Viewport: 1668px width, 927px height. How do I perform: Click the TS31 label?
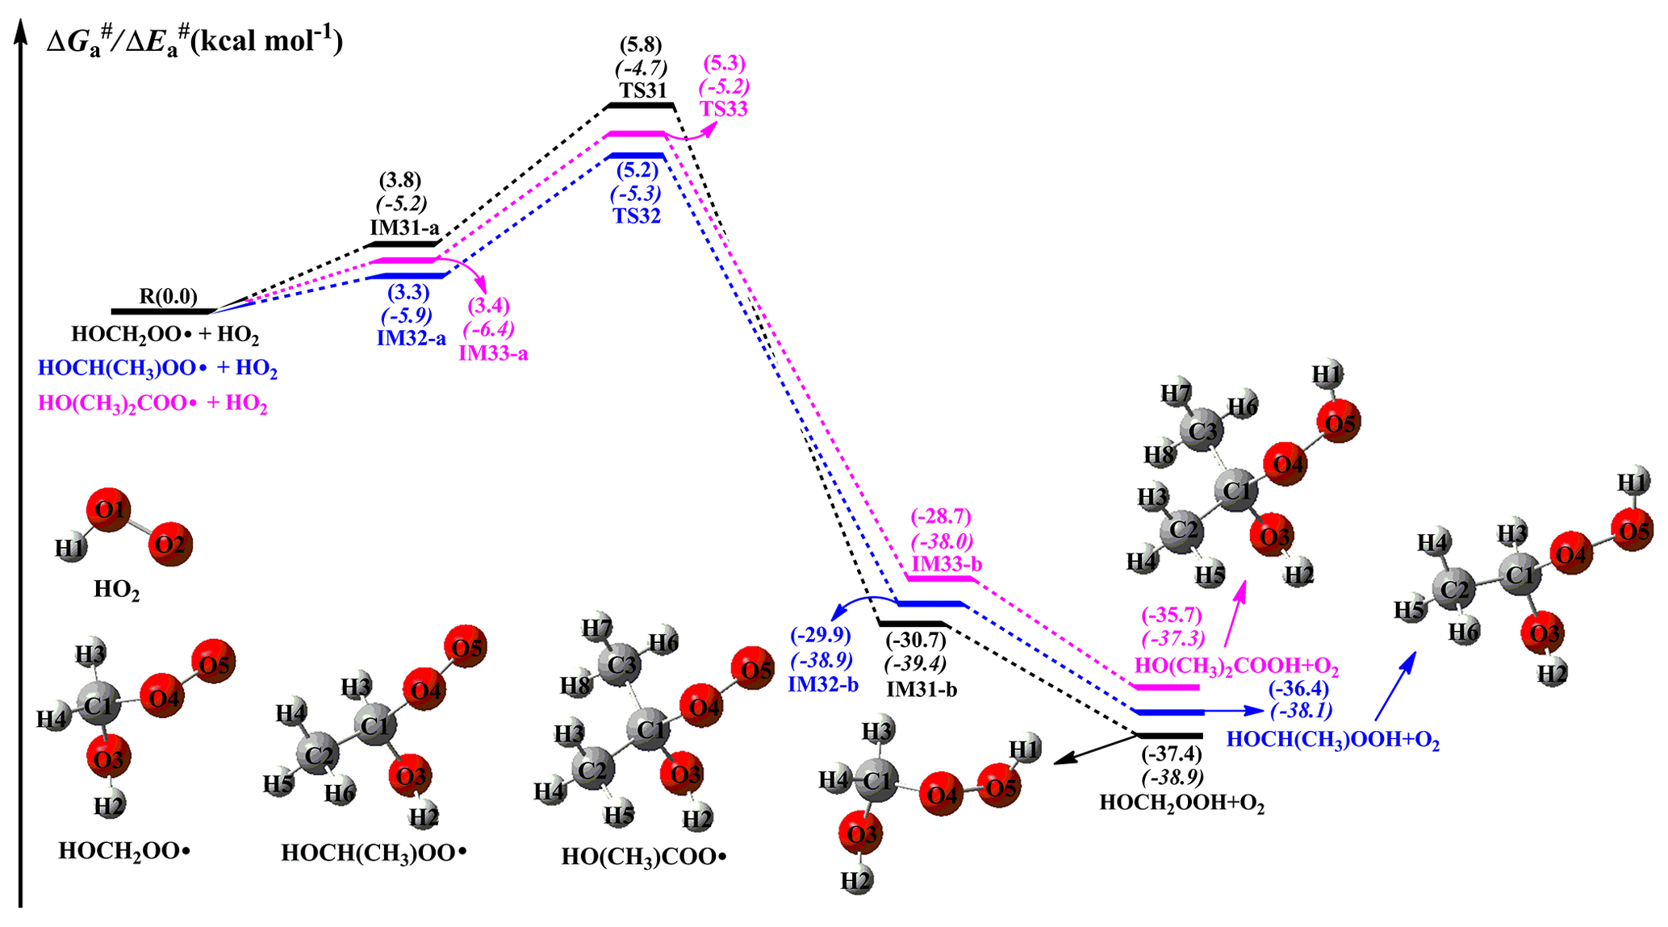pos(643,90)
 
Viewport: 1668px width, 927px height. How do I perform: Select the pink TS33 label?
pos(723,109)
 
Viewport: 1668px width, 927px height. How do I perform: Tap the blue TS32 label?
pos(636,216)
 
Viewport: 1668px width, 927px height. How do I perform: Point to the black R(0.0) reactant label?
pos(168,297)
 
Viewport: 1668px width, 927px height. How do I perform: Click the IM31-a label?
pos(404,228)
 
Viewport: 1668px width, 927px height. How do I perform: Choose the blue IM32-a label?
pos(411,338)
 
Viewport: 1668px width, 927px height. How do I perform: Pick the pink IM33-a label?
pos(493,353)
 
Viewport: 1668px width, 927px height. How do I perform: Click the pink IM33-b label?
pos(947,563)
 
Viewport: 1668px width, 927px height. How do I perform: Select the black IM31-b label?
pos(922,690)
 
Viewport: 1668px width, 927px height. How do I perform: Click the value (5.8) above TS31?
pos(641,44)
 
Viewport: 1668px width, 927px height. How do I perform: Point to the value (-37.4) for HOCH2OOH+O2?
pos(1171,754)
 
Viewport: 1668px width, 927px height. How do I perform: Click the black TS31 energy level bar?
pos(641,106)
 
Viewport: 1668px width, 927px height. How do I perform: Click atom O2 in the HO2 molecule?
pos(170,545)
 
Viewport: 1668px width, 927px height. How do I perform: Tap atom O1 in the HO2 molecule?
pos(109,509)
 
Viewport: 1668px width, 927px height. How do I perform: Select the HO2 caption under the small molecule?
pos(116,590)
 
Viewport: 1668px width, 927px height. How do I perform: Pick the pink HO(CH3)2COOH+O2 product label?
pos(1236,666)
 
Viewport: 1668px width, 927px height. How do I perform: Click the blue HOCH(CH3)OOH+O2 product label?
pos(1332,740)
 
